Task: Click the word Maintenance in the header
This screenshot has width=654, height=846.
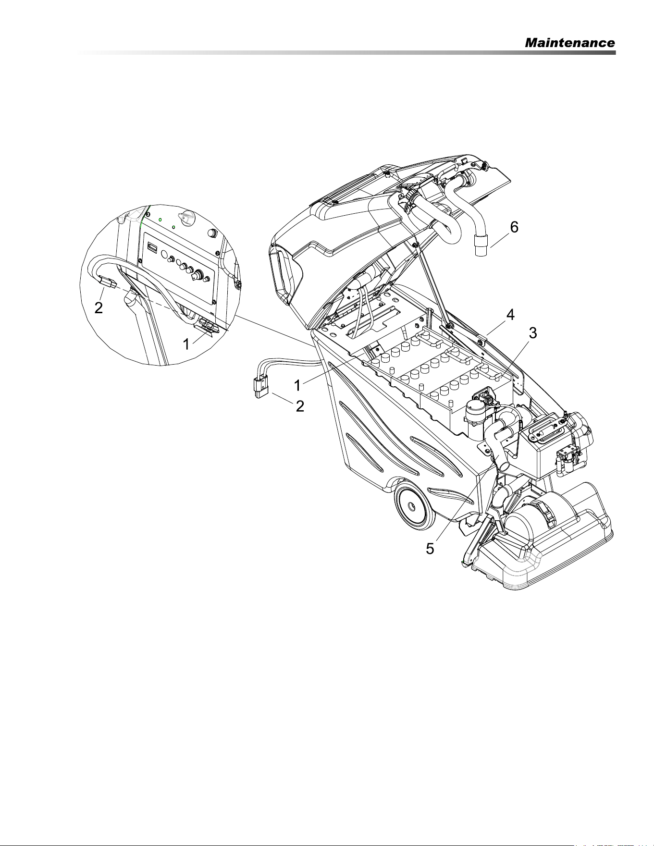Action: pyautogui.click(x=570, y=43)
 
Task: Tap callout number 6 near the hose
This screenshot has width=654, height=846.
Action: pyautogui.click(x=514, y=227)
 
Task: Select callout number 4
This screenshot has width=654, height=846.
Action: pyautogui.click(x=510, y=315)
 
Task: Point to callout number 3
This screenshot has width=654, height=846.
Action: pyautogui.click(x=533, y=333)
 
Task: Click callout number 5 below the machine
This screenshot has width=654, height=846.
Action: pyautogui.click(x=431, y=548)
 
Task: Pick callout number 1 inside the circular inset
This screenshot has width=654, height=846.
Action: pyautogui.click(x=186, y=344)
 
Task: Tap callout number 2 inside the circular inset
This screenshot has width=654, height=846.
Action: pyautogui.click(x=98, y=308)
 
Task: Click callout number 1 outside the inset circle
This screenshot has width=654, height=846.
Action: pyautogui.click(x=298, y=385)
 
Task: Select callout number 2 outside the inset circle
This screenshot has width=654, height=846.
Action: pyautogui.click(x=300, y=406)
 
